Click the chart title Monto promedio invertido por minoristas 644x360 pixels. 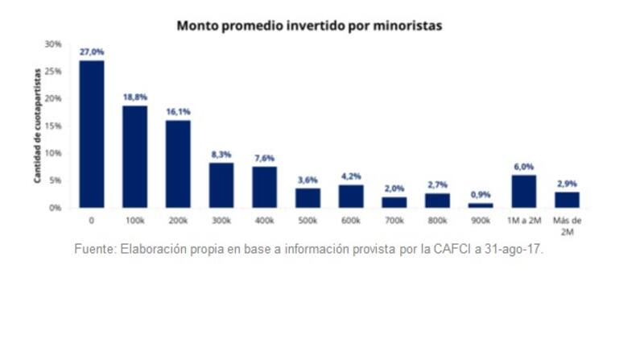pyautogui.click(x=309, y=26)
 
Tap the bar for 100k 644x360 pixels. pyautogui.click(x=134, y=156)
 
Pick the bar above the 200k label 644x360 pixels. pyautogui.click(x=178, y=163)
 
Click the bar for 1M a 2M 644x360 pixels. pyautogui.click(x=524, y=191)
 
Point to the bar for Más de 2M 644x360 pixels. pyautogui.click(x=568, y=199)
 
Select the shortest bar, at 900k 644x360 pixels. pyautogui.click(x=481, y=205)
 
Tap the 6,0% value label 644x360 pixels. pyautogui.click(x=524, y=166)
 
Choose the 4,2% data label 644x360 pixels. pyautogui.click(x=351, y=176)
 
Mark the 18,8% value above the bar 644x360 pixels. pyautogui.click(x=134, y=96)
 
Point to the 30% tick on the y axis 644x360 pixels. pyautogui.click(x=53, y=44)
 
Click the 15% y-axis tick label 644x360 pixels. pyautogui.click(x=53, y=126)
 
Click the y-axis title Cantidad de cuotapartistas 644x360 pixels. pyautogui.click(x=37, y=127)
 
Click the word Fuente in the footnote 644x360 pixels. pyautogui.click(x=95, y=249)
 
